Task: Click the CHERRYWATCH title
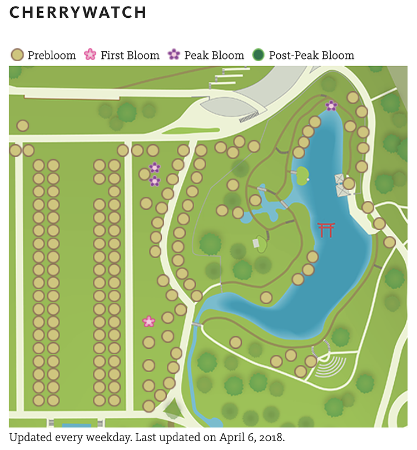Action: click(78, 12)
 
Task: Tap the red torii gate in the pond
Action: click(326, 230)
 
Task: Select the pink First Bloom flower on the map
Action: click(148, 322)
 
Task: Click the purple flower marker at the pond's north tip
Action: click(331, 105)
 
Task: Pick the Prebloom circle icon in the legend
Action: click(17, 55)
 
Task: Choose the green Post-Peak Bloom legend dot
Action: click(258, 55)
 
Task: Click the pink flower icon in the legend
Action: click(90, 55)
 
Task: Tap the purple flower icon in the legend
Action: click(174, 55)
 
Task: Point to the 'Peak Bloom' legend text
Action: click(214, 56)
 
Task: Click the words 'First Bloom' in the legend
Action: click(130, 56)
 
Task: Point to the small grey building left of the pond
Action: click(256, 243)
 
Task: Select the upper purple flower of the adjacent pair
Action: click(155, 167)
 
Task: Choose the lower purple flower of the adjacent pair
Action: click(155, 181)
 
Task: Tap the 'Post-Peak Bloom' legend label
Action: click(311, 56)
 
